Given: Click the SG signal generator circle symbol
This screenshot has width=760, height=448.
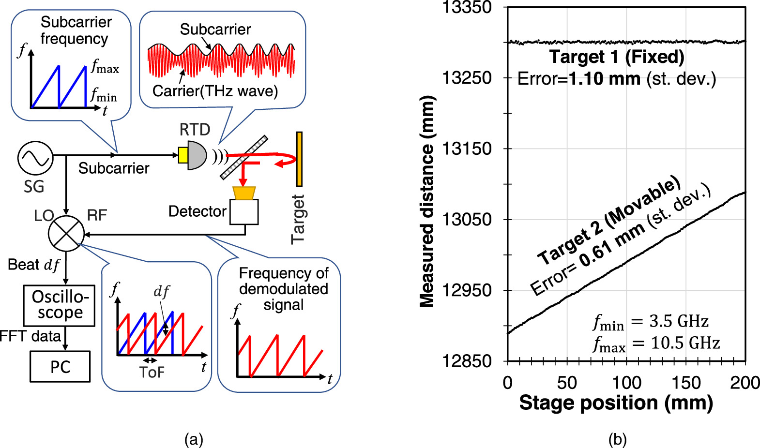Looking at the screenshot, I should point(35,158).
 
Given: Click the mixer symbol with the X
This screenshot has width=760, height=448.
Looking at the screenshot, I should point(66,234).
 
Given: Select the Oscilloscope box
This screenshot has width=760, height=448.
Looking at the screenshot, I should point(59,305).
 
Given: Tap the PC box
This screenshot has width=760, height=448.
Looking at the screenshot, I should point(60,367).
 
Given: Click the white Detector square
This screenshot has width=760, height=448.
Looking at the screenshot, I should point(244,212).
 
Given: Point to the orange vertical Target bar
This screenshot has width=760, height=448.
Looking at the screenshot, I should point(300,159).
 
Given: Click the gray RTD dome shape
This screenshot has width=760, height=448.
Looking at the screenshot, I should point(197,155).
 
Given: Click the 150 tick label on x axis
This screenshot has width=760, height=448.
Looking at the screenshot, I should point(686,383).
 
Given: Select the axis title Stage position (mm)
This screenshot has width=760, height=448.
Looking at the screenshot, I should point(616,403).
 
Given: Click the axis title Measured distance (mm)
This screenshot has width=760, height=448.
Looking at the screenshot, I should point(427,202).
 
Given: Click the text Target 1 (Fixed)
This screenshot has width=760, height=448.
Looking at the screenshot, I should point(617,57).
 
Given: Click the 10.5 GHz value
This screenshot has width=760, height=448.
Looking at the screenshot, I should point(685,343).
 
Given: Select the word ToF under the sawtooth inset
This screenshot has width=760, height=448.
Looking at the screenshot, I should point(152,372).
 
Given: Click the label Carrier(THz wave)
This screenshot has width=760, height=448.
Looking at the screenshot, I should point(215,91).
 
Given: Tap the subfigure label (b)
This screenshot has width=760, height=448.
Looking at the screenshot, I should point(617,440).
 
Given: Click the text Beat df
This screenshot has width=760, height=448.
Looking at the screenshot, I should point(33,265).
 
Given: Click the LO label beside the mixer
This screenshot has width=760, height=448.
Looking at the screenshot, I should point(44,216).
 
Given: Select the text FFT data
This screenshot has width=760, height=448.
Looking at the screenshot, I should point(30,336).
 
